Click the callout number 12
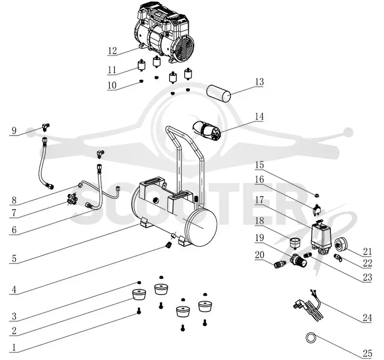point(112,51)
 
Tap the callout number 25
point(367,354)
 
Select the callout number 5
point(14,258)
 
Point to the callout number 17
point(259,200)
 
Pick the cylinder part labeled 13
point(219,94)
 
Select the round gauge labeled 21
point(342,244)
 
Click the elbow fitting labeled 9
point(45,127)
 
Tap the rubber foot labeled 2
point(139,294)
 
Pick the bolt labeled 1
point(139,311)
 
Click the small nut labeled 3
point(139,283)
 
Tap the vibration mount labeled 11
point(141,65)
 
